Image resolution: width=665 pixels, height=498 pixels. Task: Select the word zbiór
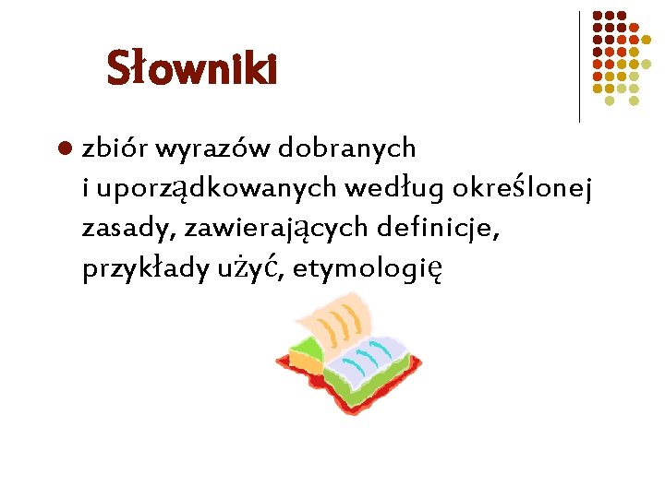115,148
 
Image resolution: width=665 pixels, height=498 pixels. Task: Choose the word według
394,189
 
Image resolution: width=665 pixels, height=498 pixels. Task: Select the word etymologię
370,270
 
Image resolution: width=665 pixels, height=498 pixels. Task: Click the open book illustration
346,350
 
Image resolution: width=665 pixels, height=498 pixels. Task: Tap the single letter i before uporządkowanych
85,189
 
